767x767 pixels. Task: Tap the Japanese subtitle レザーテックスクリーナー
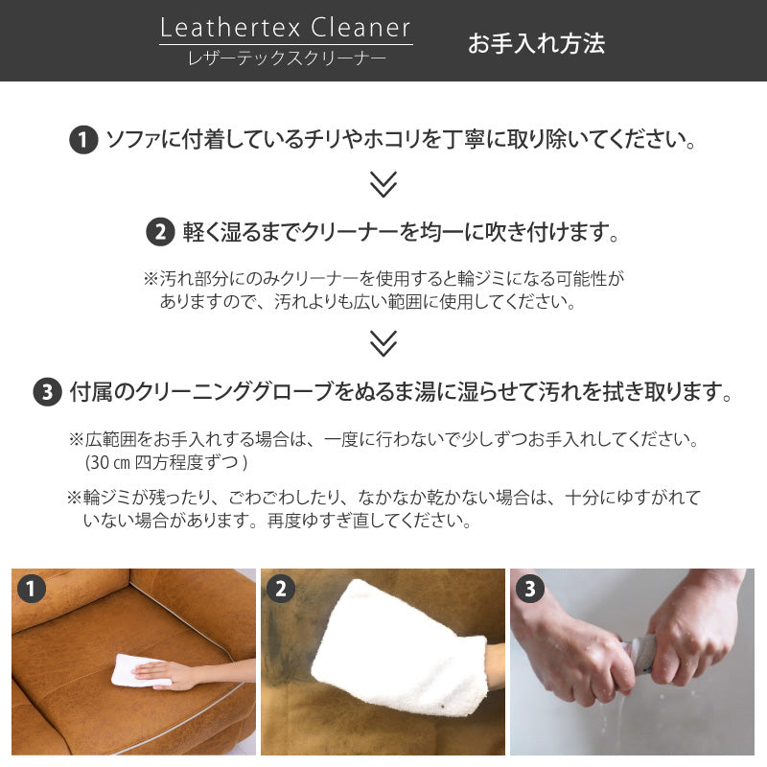click(x=286, y=58)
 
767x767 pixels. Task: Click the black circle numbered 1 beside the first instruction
click(x=83, y=141)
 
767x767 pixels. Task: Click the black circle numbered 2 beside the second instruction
click(x=159, y=232)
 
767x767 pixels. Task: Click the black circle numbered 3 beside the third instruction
click(x=47, y=392)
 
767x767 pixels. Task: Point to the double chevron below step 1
click(x=383, y=184)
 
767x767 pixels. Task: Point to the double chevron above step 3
click(x=383, y=342)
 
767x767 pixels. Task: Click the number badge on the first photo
click(x=32, y=589)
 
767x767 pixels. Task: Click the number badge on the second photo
click(x=280, y=589)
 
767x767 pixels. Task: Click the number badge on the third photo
click(x=529, y=589)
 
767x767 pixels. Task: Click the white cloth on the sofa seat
click(x=134, y=671)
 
